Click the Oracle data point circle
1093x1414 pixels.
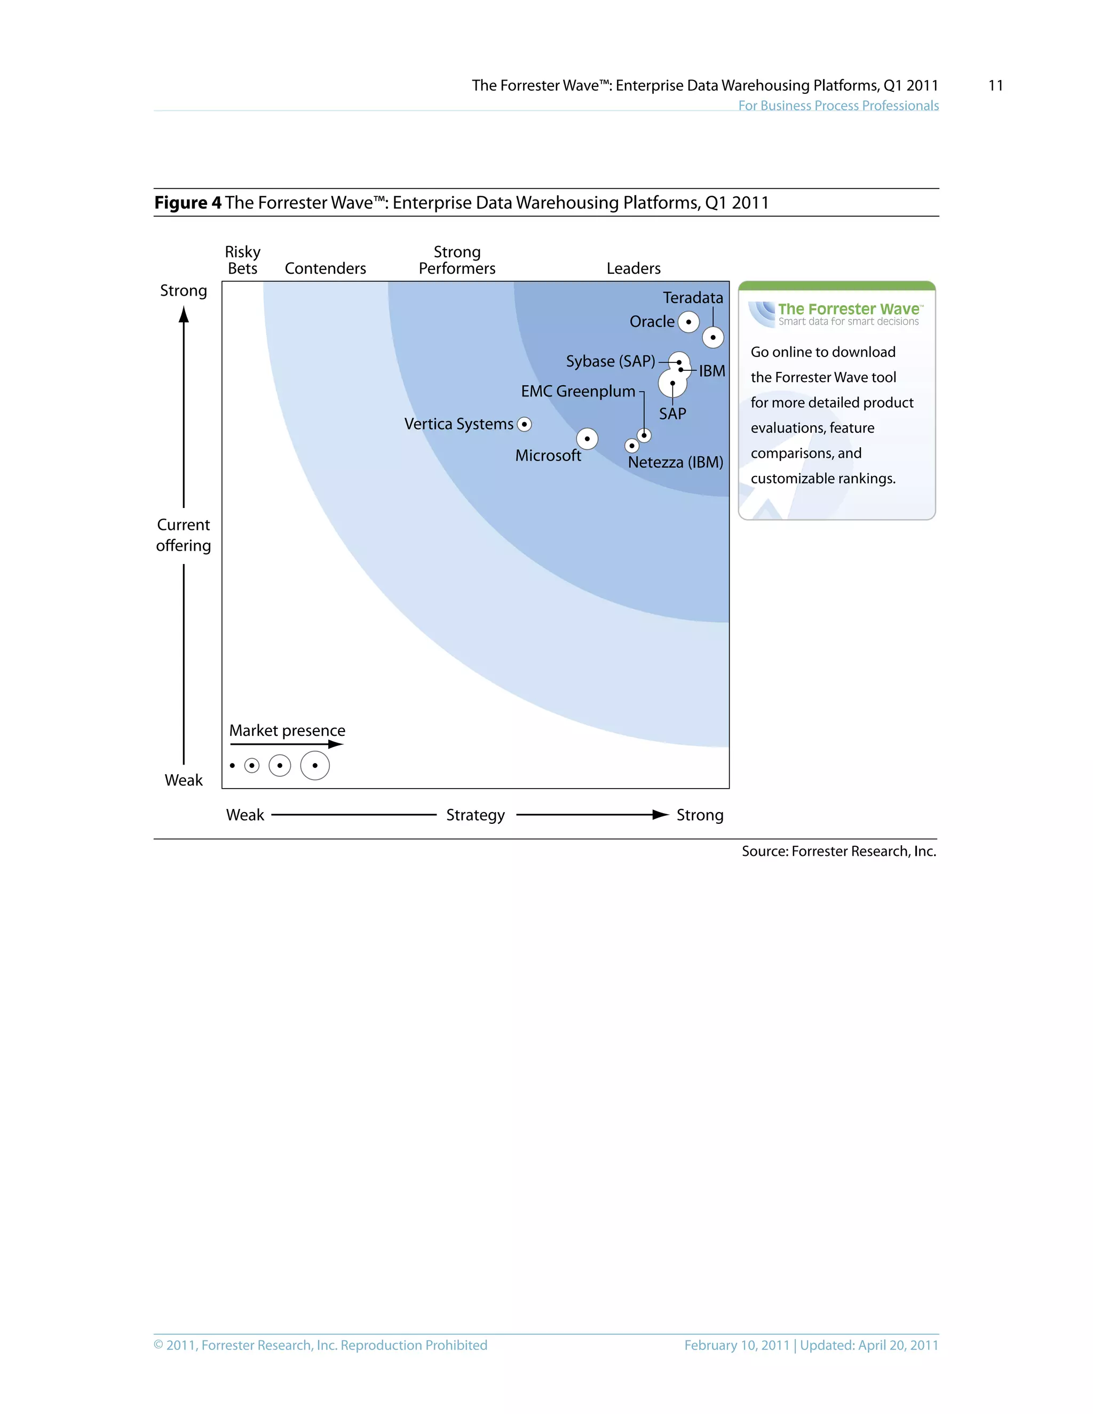[688, 322]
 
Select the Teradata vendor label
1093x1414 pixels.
[692, 298]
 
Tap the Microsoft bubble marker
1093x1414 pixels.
[587, 439]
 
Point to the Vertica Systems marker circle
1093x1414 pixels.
[525, 424]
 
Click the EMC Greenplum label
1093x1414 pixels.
[577, 391]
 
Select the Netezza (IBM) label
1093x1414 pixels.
[675, 462]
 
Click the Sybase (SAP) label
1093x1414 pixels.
[610, 361]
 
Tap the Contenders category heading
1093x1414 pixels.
[325, 269]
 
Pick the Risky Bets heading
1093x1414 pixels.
[243, 260]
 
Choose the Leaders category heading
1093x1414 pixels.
[633, 269]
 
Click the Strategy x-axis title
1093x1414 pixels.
[476, 815]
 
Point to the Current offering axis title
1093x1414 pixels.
[183, 535]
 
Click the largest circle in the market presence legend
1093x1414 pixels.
[315, 765]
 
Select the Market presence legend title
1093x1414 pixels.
[287, 730]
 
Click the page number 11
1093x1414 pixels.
[995, 85]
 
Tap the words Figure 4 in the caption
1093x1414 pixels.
[188, 203]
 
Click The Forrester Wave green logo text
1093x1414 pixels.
[848, 309]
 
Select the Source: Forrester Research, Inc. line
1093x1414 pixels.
[838, 852]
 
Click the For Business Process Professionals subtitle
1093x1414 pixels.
[838, 106]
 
